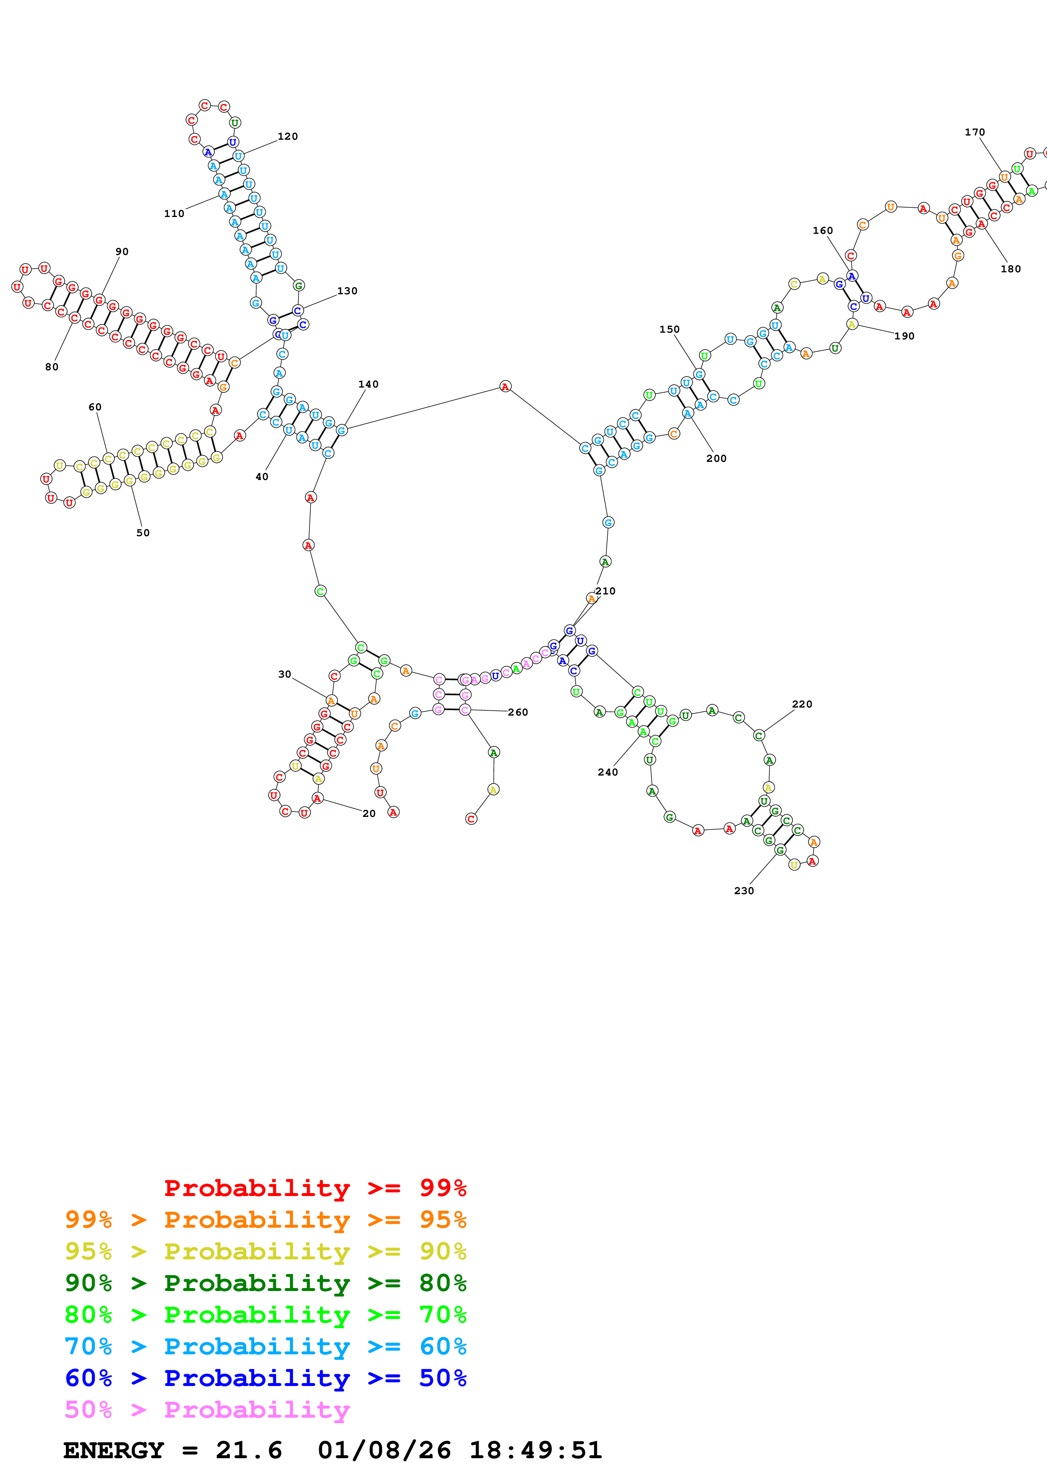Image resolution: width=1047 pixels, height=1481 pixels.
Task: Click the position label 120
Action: [x=287, y=136]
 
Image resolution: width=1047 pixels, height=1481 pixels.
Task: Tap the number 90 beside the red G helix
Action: [x=122, y=252]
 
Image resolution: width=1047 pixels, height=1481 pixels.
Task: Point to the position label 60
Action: [x=95, y=407]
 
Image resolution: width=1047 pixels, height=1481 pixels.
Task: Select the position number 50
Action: [x=143, y=533]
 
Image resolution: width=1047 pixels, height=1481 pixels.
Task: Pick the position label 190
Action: [x=904, y=336]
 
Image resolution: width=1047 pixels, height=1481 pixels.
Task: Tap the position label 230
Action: [x=743, y=891]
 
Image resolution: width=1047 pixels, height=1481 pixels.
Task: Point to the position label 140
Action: [x=368, y=385]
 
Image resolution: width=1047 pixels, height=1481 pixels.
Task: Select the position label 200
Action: [x=715, y=458]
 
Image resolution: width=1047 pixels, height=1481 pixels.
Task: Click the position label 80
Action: [x=52, y=367]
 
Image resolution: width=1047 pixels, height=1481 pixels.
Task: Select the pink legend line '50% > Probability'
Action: [x=207, y=1410]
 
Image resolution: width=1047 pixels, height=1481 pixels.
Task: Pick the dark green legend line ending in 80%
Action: [x=266, y=1283]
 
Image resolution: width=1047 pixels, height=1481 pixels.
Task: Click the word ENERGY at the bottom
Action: [x=114, y=1451]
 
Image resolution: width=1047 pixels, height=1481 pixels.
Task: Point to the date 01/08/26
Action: [x=384, y=1451]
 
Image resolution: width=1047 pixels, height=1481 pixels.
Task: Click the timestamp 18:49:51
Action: [x=536, y=1451]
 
